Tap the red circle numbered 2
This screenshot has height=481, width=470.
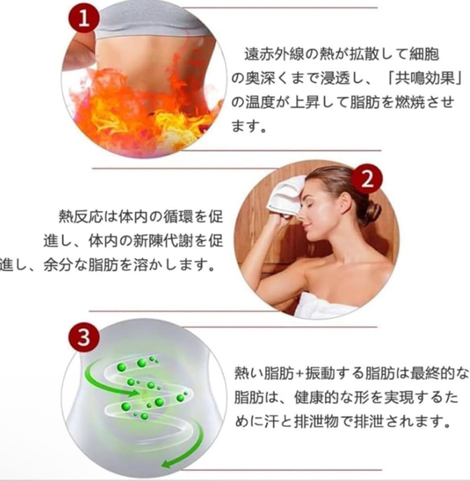(367, 179)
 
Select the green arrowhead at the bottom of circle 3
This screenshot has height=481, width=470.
(166, 463)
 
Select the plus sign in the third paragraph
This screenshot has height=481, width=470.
(304, 373)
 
